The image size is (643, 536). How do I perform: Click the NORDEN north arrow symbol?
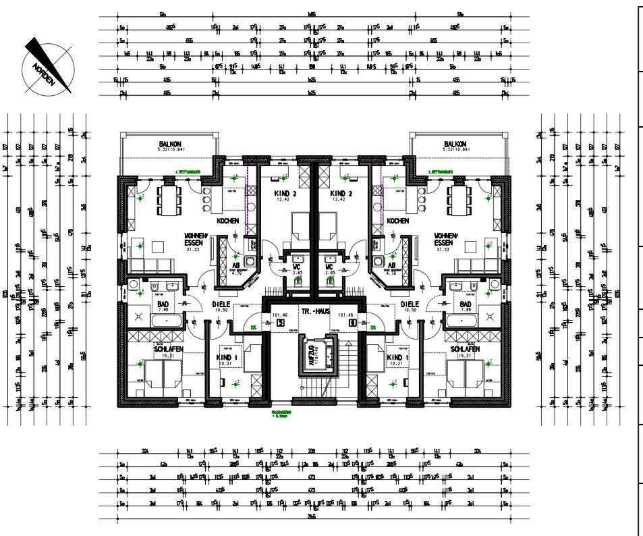[x=48, y=65]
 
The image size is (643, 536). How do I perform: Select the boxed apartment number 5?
[x=281, y=323]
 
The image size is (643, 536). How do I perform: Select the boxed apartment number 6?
[x=352, y=323]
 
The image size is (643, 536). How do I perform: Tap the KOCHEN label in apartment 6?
[x=398, y=221]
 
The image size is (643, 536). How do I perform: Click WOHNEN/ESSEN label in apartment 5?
[x=195, y=240]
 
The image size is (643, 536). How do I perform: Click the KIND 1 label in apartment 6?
[x=398, y=357]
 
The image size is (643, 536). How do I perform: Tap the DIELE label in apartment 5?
[x=222, y=304]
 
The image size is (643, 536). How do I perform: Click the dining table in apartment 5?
[x=168, y=200]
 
